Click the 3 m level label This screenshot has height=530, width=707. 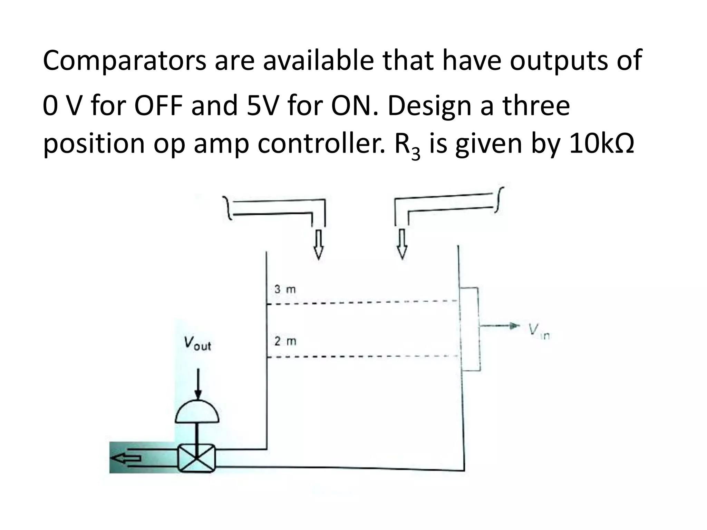pyautogui.click(x=285, y=289)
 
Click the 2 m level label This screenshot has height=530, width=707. pyautogui.click(x=285, y=341)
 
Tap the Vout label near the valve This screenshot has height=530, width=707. pyautogui.click(x=197, y=344)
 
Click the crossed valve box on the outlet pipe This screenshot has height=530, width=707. pyautogui.click(x=196, y=458)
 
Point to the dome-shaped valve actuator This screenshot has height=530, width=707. pyautogui.click(x=197, y=412)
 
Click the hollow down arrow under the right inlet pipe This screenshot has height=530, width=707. pyautogui.click(x=401, y=244)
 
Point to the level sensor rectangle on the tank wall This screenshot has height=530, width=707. pyautogui.click(x=470, y=328)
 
